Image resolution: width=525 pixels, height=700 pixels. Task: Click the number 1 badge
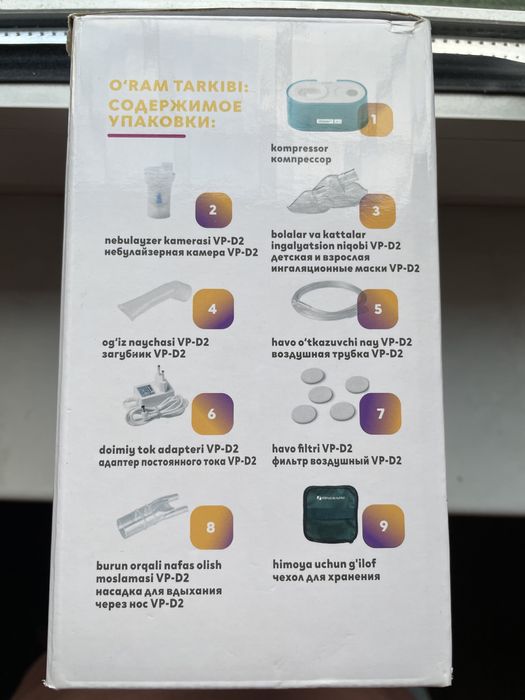click(x=375, y=120)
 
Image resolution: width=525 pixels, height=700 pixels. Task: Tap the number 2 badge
click(x=213, y=211)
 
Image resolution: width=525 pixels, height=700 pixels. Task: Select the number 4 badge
click(x=213, y=308)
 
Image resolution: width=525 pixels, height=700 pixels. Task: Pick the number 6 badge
click(x=213, y=412)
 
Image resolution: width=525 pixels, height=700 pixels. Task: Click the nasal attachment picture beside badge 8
click(x=151, y=519)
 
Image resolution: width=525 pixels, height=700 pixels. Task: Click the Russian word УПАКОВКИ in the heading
click(x=169, y=125)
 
